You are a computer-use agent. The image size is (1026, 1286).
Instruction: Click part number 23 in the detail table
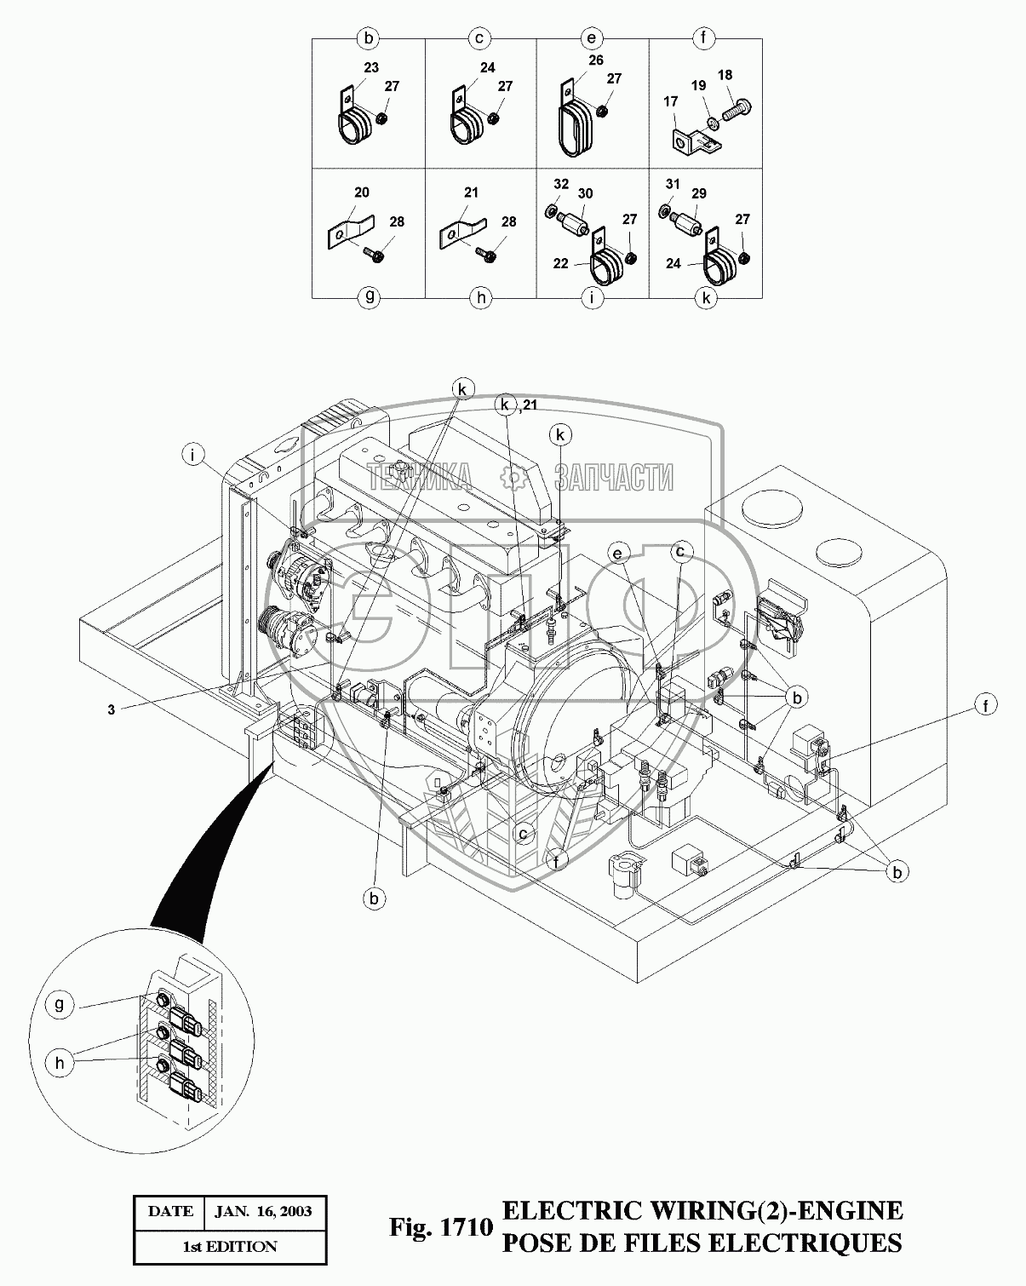click(370, 68)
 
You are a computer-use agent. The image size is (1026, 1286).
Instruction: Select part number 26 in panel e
click(595, 60)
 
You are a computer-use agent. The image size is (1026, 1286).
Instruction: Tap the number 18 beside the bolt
click(725, 76)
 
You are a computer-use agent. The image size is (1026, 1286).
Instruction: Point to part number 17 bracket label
click(670, 101)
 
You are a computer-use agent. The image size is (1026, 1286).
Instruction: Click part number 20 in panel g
click(362, 193)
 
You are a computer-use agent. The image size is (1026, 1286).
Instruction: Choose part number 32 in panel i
click(560, 183)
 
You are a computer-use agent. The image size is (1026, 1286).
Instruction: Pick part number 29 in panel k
click(699, 194)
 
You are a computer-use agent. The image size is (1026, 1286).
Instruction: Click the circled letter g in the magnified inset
click(60, 1004)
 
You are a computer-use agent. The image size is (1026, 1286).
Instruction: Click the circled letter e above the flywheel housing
click(616, 553)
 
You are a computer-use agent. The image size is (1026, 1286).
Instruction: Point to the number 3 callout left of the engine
click(111, 709)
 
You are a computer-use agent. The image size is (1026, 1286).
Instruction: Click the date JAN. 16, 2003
click(263, 1211)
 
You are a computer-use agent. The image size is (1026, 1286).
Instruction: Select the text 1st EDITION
click(230, 1246)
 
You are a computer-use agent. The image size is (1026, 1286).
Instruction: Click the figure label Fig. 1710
click(441, 1227)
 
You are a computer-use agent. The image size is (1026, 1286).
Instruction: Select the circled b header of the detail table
click(369, 38)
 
